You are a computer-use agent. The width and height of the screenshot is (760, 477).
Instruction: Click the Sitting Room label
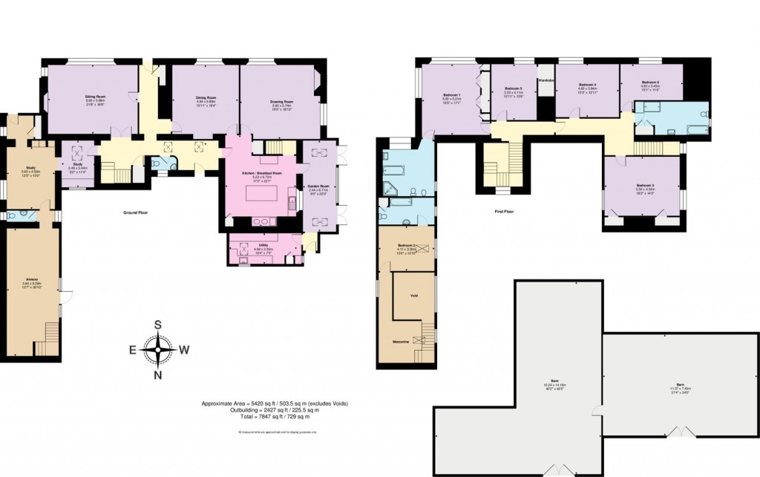93,97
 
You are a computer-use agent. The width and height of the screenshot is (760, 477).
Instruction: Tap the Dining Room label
206,97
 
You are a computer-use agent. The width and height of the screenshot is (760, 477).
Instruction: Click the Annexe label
30,280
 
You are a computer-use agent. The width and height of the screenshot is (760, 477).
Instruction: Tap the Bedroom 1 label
451,95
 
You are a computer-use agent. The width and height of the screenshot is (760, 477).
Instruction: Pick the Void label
414,295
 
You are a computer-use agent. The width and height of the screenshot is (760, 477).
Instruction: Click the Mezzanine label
403,341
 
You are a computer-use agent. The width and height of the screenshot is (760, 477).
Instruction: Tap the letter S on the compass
158,324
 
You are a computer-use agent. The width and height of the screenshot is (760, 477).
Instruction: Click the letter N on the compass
158,374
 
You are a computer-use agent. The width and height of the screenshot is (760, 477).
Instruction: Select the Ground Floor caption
137,212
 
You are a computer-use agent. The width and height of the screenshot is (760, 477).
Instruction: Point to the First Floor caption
504,212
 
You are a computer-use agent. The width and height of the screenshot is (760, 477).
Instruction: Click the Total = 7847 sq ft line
275,418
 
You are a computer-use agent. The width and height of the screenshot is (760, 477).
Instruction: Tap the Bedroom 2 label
404,245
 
